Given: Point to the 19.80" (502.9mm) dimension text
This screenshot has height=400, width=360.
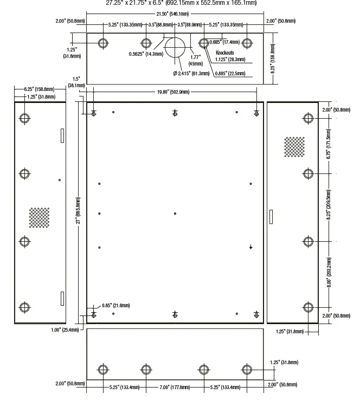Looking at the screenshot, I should click(x=173, y=92).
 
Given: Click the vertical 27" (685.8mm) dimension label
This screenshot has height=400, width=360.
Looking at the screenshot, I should click(x=78, y=210).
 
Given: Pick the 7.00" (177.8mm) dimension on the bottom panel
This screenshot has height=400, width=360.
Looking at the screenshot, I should click(x=175, y=388).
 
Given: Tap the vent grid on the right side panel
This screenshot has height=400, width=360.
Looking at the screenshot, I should click(x=294, y=146).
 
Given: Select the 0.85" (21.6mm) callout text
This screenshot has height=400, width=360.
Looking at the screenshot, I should click(x=115, y=306).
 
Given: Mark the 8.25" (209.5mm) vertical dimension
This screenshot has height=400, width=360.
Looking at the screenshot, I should click(x=329, y=207).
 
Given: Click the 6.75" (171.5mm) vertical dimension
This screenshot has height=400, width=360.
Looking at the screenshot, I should click(x=329, y=146).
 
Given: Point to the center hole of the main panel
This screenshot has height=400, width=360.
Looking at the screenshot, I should click(x=175, y=214).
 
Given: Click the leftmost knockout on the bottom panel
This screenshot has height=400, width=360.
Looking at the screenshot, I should click(x=103, y=370).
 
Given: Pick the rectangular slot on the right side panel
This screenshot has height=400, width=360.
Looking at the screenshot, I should click(x=271, y=216).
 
